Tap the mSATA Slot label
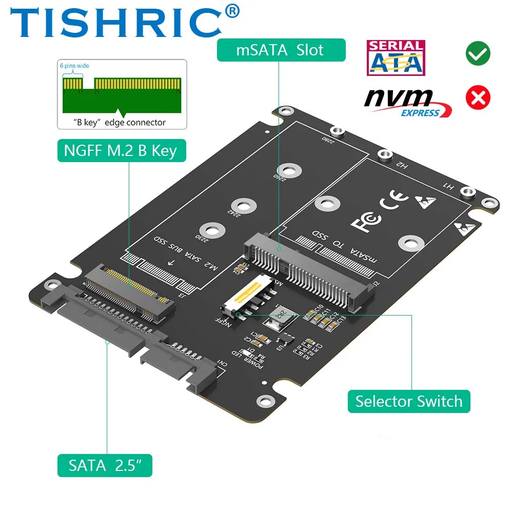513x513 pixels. click(x=280, y=50)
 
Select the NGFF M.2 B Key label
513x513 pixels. click(x=121, y=150)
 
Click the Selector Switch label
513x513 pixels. click(x=408, y=401)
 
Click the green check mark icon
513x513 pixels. click(x=478, y=53)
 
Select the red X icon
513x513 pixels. click(x=478, y=97)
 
